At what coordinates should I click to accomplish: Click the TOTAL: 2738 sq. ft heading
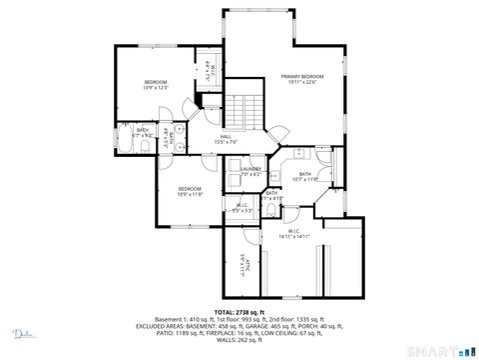(x=240, y=313)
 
